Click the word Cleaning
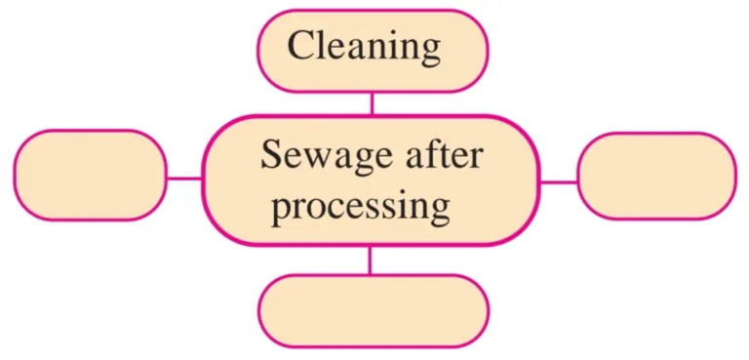click(364, 45)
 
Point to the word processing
click(360, 207)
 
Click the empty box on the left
click(90, 175)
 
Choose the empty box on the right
click(656, 176)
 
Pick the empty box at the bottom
click(373, 311)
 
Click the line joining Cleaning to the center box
click(372, 103)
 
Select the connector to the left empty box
click(184, 179)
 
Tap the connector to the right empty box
click(558, 181)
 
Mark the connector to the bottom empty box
click(370, 260)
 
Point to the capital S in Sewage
click(270, 155)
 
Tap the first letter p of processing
click(281, 210)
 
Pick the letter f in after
click(424, 152)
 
